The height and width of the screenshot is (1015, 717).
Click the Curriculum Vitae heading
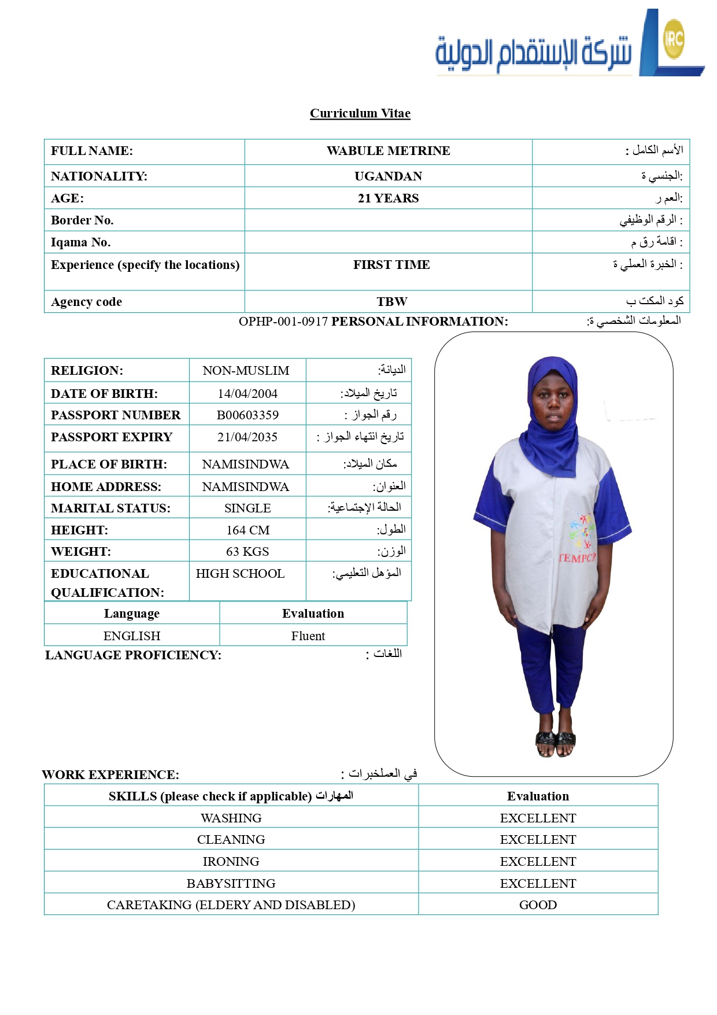click(x=360, y=113)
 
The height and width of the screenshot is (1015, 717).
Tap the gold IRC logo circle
click(x=674, y=39)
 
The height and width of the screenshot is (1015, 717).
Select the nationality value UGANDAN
click(x=388, y=176)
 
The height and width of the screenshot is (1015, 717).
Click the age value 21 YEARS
click(x=388, y=198)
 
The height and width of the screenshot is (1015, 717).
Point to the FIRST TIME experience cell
click(x=391, y=265)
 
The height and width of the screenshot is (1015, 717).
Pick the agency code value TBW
click(x=391, y=302)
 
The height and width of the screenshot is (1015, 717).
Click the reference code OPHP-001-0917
click(x=283, y=322)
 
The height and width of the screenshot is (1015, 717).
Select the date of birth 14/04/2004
click(x=247, y=394)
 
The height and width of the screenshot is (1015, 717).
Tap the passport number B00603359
click(x=247, y=415)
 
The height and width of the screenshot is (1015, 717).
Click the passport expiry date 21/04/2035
click(x=247, y=437)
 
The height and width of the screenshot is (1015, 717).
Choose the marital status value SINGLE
click(x=247, y=508)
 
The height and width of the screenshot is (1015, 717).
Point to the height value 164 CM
click(x=247, y=530)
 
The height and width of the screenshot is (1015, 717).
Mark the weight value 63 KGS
click(x=247, y=552)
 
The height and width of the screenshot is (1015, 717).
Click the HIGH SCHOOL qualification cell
click(x=240, y=574)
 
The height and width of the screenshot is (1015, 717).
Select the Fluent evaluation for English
click(x=308, y=636)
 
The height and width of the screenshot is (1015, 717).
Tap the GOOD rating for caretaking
click(x=538, y=905)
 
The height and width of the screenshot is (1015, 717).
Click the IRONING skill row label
click(x=231, y=862)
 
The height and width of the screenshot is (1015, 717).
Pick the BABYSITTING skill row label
click(x=231, y=884)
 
